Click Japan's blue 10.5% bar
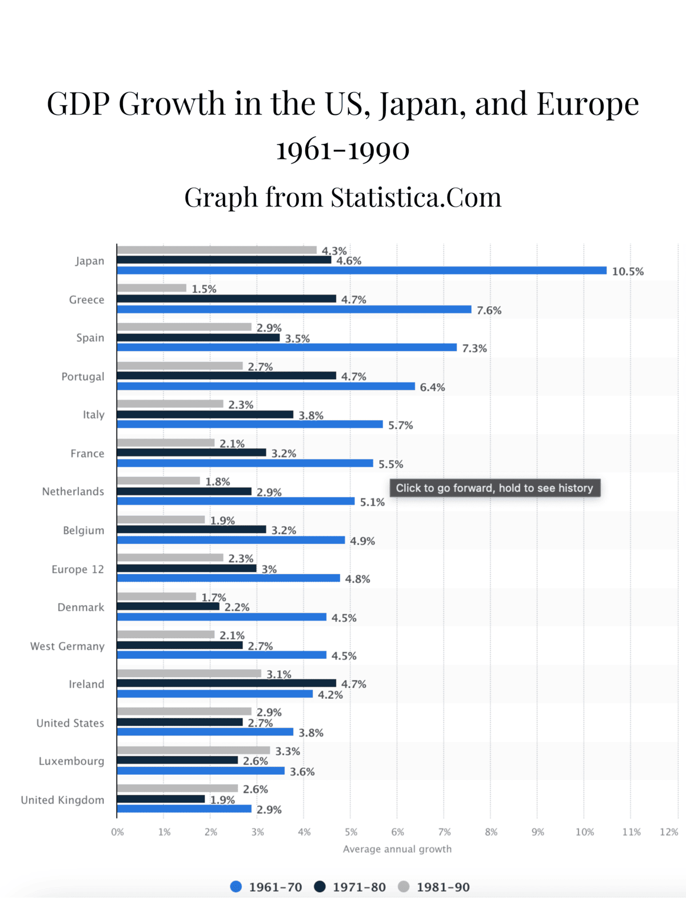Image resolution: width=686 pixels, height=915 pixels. (361, 270)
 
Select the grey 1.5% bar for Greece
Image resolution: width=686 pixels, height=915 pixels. (151, 288)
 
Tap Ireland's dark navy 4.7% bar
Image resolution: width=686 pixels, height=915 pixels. (226, 683)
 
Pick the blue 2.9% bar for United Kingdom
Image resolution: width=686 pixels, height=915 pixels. (184, 809)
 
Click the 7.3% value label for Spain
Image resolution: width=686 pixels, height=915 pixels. (474, 348)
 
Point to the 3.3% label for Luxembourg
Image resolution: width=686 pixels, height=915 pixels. (288, 751)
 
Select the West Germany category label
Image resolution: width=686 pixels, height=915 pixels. (67, 646)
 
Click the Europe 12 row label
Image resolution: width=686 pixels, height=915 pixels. (78, 569)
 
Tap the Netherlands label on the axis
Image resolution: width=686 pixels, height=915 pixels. (73, 492)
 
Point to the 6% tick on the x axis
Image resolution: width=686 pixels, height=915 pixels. (397, 832)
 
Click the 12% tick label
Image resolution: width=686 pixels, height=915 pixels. (668, 832)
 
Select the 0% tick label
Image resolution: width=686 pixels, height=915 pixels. (117, 832)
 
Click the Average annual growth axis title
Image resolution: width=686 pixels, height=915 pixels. (397, 849)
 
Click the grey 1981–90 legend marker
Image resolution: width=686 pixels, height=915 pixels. (404, 887)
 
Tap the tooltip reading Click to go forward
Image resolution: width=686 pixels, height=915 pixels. (494, 488)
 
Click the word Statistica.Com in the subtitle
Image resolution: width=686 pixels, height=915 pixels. (416, 197)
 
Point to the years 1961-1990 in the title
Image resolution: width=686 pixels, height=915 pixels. (343, 150)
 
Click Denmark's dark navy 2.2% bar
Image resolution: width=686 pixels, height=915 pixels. (168, 606)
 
